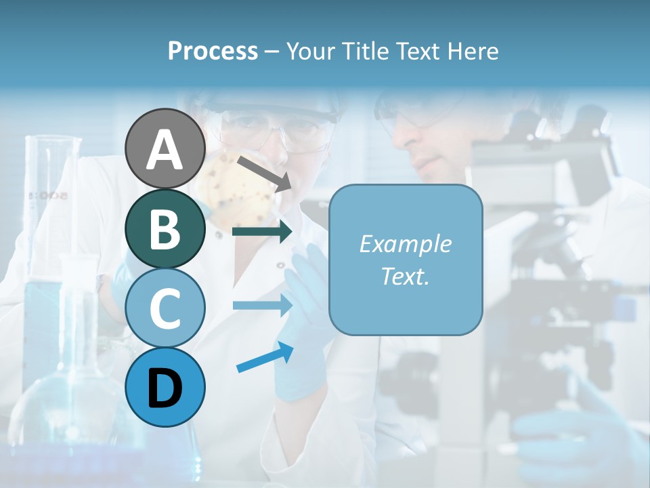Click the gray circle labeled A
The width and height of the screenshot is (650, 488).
tap(165, 148)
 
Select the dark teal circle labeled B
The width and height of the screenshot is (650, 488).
tap(165, 228)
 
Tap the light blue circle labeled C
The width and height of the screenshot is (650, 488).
tap(165, 308)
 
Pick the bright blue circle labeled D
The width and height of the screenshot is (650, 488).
tap(165, 387)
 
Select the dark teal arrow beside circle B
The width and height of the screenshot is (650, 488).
tap(261, 232)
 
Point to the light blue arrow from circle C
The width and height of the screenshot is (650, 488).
tap(261, 306)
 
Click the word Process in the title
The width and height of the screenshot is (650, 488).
tap(213, 51)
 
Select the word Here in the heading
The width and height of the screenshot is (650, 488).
tap(472, 51)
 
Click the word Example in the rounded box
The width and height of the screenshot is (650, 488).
tap(405, 244)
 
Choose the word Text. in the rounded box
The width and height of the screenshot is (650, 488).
tap(405, 276)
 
